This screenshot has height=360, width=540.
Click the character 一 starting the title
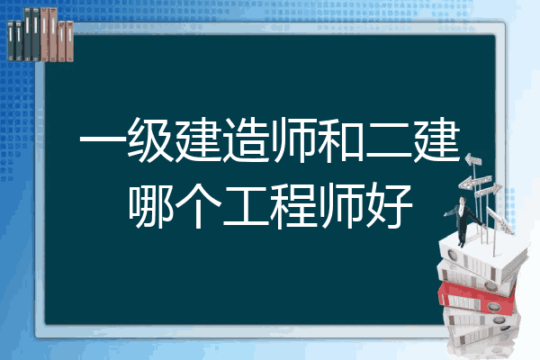pyautogui.click(x=103, y=140)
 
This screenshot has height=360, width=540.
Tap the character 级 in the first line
pyautogui.click(x=150, y=140)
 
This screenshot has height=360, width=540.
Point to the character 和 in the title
pyautogui.click(x=340, y=140)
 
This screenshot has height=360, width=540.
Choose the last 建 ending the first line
pyautogui.click(x=436, y=140)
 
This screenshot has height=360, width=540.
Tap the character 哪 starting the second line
pyautogui.click(x=150, y=206)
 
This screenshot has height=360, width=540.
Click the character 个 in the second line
pyautogui.click(x=198, y=206)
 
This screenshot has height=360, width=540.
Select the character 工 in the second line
pyautogui.click(x=246, y=207)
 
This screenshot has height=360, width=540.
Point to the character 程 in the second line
pyautogui.click(x=293, y=206)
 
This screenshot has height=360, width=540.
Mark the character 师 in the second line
pyautogui.click(x=341, y=206)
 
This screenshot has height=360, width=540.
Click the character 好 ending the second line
pyautogui.click(x=389, y=206)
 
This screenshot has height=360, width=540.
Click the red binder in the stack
pyautogui.click(x=477, y=297)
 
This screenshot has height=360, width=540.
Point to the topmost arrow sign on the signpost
pyautogui.click(x=473, y=159)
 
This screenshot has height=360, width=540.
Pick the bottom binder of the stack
pyautogui.click(x=482, y=336)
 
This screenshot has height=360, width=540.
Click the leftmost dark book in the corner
pyautogui.click(x=11, y=40)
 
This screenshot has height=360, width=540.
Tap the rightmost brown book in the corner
pyautogui.click(x=69, y=41)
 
